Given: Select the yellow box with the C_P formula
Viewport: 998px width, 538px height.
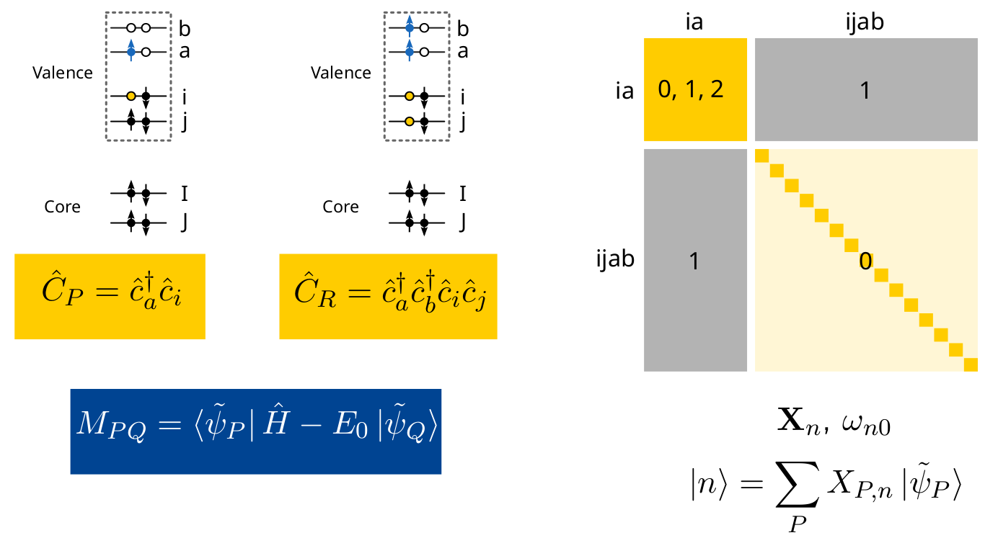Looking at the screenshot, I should (110, 296).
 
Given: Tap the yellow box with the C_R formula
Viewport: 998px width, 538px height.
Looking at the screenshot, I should (388, 296).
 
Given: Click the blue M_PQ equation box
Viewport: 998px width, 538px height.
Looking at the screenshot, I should (255, 431).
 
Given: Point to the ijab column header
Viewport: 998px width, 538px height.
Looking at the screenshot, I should (865, 22).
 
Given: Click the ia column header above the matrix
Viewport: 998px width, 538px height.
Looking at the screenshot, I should (694, 22).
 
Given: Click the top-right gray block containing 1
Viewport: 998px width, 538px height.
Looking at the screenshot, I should (866, 89).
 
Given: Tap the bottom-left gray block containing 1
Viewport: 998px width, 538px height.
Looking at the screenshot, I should (694, 261).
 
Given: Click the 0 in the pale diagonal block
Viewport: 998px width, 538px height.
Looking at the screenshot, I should (865, 262).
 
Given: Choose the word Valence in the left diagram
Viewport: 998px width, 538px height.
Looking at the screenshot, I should (63, 73).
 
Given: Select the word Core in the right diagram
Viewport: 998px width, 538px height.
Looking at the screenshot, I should (341, 207).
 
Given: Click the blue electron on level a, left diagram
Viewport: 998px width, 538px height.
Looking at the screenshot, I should (131, 53).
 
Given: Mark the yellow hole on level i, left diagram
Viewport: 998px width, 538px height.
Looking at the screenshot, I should (131, 96).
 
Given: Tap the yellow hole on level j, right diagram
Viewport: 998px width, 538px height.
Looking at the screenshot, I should (409, 122).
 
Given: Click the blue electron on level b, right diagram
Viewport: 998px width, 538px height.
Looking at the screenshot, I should (409, 29).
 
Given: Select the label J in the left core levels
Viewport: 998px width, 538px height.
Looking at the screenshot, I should (185, 223).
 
